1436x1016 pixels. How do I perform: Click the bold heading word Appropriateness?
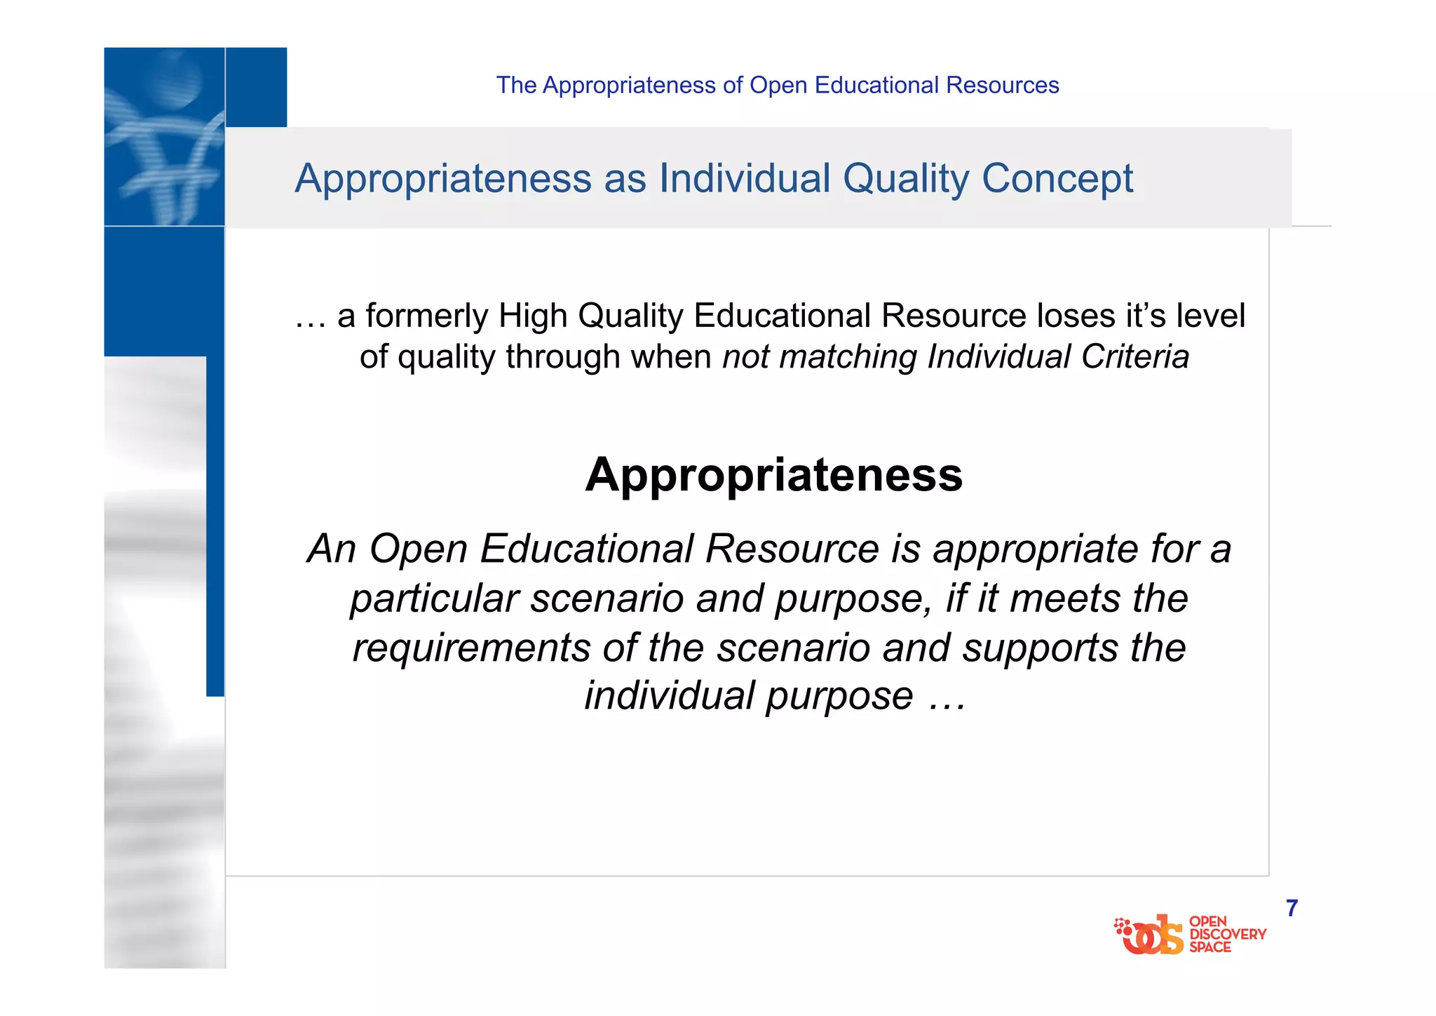pyautogui.click(x=773, y=476)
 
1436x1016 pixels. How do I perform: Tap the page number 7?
pyautogui.click(x=1292, y=908)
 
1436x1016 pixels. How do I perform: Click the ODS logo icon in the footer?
pyautogui.click(x=1149, y=935)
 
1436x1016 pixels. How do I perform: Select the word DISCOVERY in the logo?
pyautogui.click(x=1228, y=934)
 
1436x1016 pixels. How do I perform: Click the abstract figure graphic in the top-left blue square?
pyautogui.click(x=164, y=137)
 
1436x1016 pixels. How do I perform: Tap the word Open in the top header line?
pyautogui.click(x=778, y=85)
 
